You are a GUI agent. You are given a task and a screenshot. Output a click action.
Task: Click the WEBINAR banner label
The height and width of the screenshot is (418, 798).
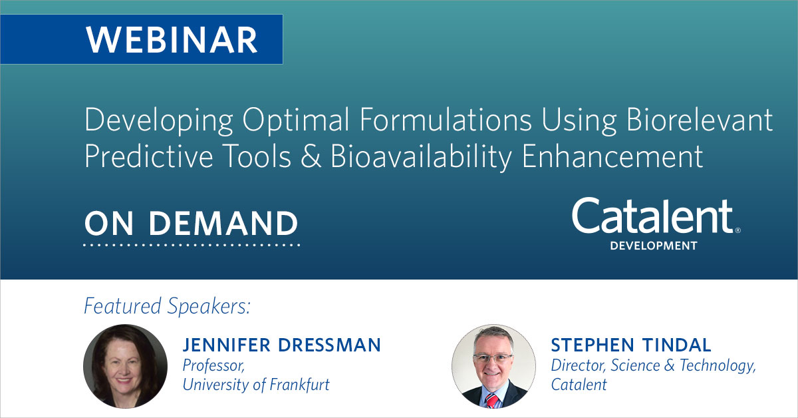tap(172, 39)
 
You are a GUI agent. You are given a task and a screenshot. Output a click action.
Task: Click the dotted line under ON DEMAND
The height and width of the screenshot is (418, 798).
tap(191, 245)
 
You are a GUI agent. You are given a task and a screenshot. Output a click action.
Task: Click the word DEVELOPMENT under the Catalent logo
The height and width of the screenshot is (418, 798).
tap(654, 246)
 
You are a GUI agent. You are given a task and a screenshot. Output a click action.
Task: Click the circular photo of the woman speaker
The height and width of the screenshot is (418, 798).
tap(125, 366)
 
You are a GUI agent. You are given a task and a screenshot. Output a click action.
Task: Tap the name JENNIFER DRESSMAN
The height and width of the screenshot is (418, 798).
tap(282, 345)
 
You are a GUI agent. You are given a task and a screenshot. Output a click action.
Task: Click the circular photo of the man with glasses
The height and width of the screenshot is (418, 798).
tap(493, 366)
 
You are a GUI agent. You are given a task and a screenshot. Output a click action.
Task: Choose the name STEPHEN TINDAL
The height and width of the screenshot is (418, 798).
tap(630, 345)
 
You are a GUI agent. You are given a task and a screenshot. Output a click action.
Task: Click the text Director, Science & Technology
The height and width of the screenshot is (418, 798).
tap(654, 365)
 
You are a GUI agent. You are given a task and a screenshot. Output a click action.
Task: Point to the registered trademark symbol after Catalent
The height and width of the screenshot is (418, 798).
tap(737, 230)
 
